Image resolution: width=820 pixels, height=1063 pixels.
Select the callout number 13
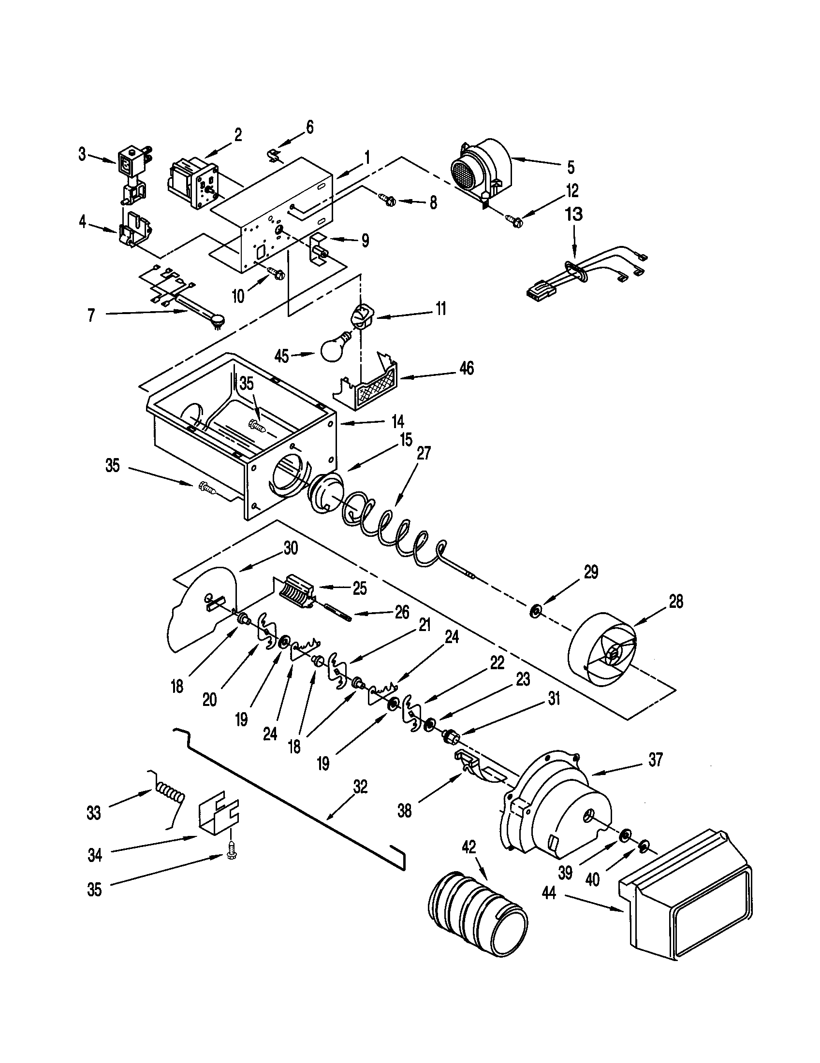574,214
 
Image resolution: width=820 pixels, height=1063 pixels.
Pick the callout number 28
676,603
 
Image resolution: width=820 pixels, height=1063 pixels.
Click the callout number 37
655,760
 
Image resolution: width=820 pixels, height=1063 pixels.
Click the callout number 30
291,548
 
